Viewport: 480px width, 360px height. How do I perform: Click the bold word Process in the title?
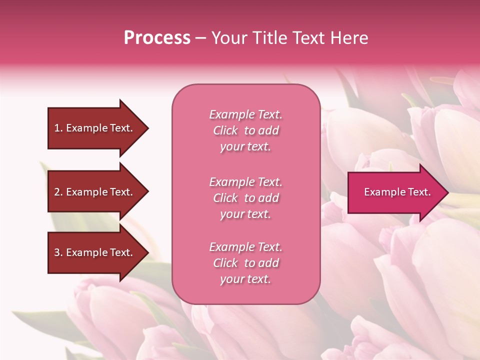(x=157, y=38)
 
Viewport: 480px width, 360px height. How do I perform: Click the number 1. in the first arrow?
(x=58, y=128)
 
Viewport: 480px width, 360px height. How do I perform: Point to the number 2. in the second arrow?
(x=58, y=192)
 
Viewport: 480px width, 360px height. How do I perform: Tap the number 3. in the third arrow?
(x=58, y=252)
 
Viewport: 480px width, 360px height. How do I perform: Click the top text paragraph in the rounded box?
(x=245, y=130)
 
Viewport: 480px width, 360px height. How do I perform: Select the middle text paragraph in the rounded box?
(x=245, y=198)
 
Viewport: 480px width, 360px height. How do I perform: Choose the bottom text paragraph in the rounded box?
(x=245, y=263)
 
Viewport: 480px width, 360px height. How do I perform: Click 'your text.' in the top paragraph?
(x=245, y=147)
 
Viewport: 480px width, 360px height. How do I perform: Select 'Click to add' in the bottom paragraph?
(x=245, y=263)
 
